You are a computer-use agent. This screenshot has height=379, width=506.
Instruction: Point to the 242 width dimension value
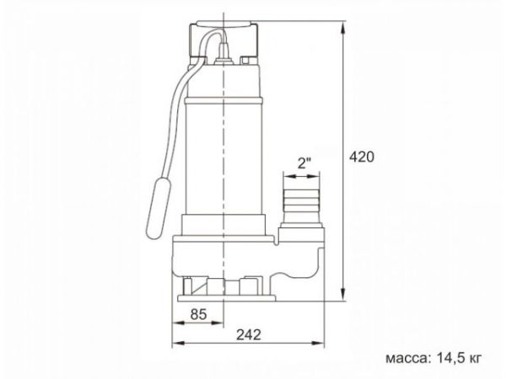point(247,334)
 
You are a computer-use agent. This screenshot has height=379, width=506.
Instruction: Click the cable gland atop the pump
point(224,61)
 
